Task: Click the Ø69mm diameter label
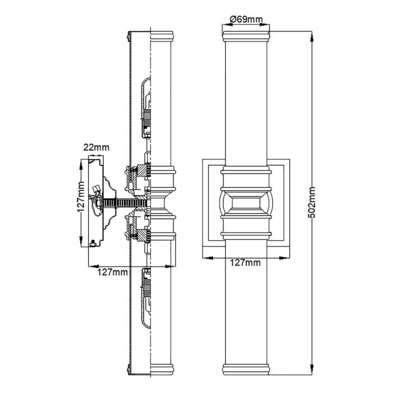[x=246, y=20]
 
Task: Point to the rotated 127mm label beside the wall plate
[x=82, y=202]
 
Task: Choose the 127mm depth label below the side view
[x=112, y=272]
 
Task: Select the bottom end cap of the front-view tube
[x=246, y=369]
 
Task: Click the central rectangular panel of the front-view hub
[x=246, y=203]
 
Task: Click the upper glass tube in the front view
[x=246, y=101]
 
